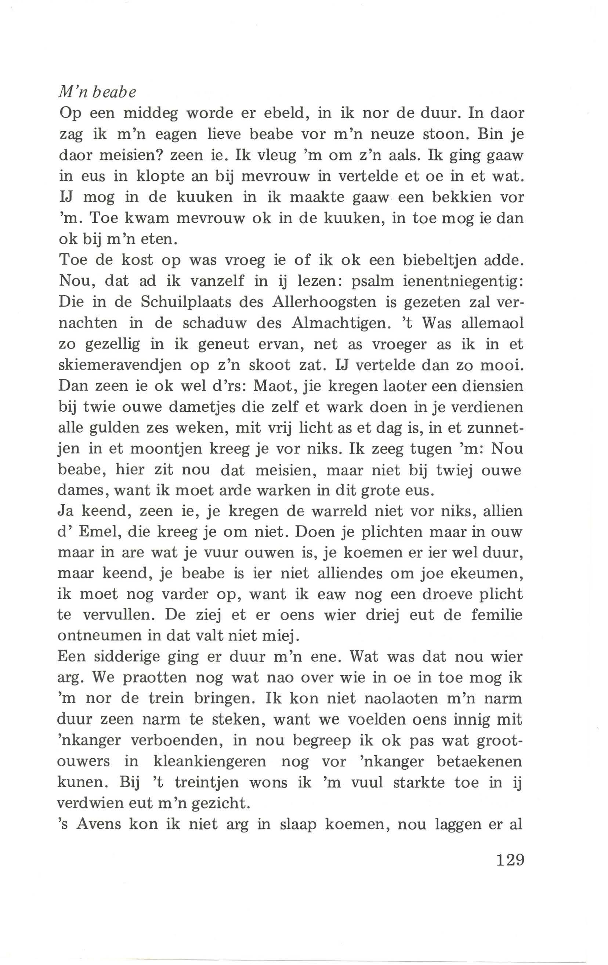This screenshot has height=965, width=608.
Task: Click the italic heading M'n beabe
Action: (x=97, y=92)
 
